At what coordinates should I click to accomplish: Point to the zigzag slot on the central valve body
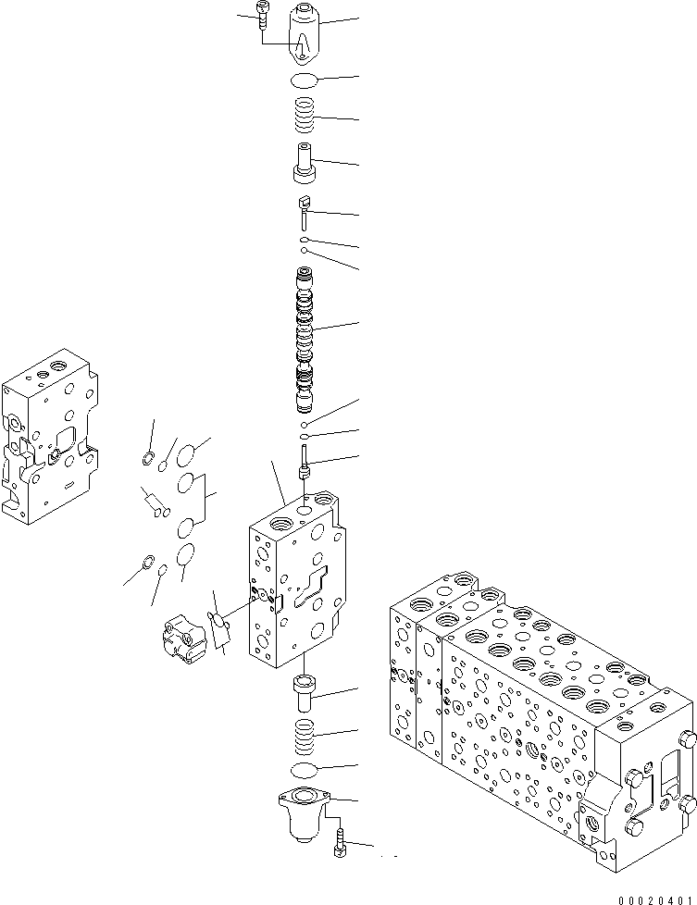pos(311,589)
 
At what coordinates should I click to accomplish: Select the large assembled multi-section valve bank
pos(537,703)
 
